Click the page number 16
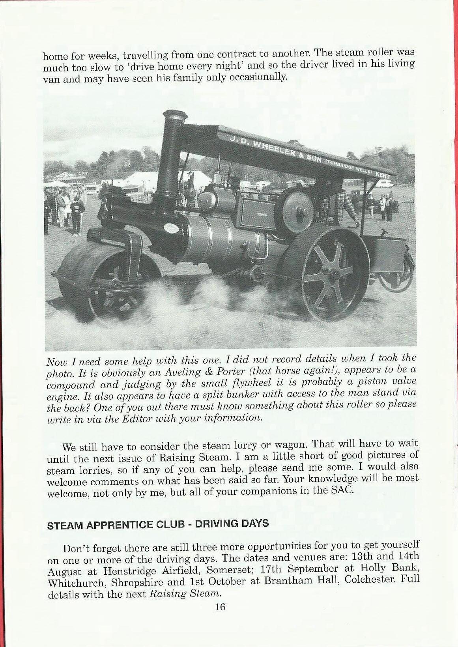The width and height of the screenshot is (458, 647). [x=220, y=607]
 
